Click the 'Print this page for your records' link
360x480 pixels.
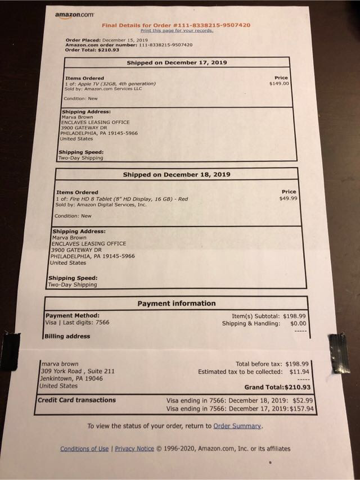tap(177, 30)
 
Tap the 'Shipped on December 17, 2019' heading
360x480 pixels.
tap(177, 63)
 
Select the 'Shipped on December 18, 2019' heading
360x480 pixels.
tap(176, 175)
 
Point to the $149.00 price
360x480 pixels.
tap(279, 83)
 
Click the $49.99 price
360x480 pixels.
tap(288, 198)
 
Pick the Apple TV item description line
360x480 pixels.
tap(110, 84)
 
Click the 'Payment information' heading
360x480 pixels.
tap(176, 304)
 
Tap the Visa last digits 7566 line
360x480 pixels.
tap(77, 323)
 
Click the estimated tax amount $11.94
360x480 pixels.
tap(299, 372)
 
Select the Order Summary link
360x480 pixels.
tap(237, 426)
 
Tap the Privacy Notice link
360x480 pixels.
tap(134, 449)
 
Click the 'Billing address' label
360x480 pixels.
tap(67, 336)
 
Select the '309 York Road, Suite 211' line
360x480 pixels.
tap(78, 372)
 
